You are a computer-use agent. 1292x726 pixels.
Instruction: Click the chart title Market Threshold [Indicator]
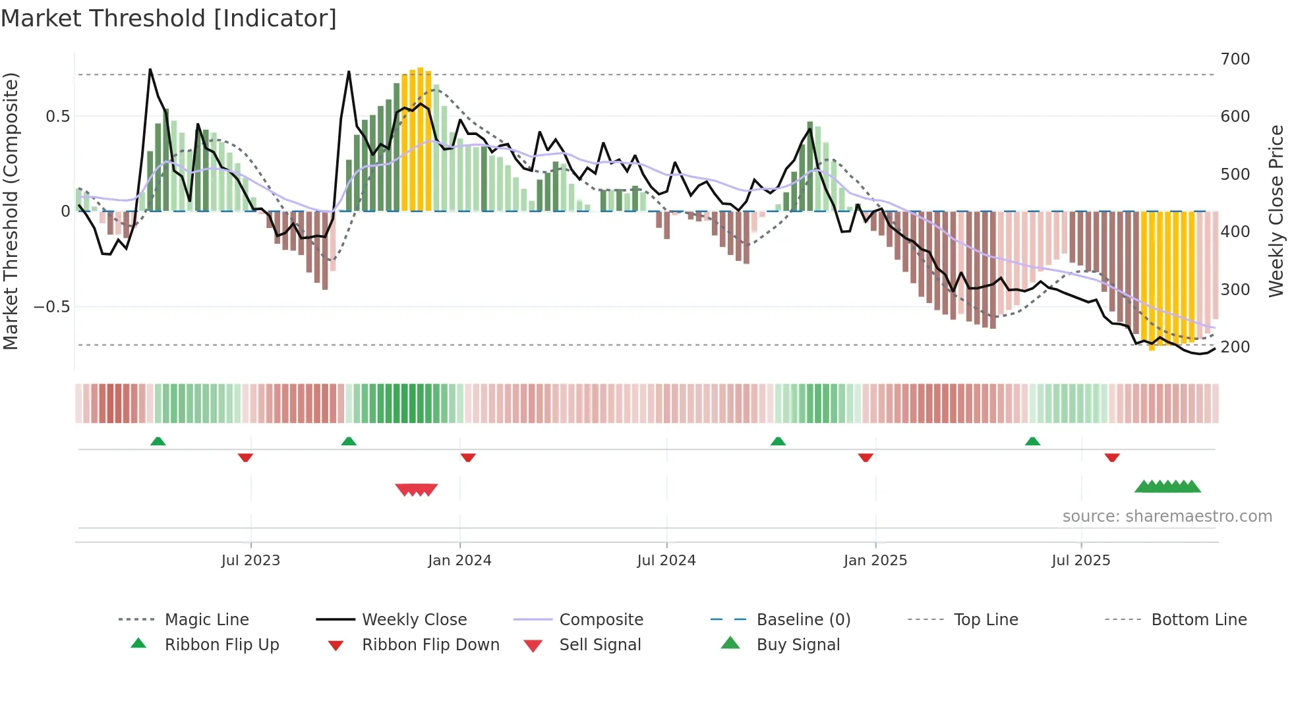[169, 18]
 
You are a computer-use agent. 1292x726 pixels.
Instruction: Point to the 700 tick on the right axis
[1235, 59]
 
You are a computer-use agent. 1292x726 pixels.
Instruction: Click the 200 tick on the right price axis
[1235, 347]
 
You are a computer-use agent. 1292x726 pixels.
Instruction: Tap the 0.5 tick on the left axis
[57, 117]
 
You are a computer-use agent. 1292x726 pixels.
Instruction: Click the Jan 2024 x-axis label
[459, 561]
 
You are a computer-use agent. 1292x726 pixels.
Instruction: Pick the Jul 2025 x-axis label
[1080, 561]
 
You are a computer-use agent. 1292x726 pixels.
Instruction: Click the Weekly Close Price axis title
[1276, 211]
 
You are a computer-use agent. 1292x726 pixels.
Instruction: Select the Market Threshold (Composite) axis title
[11, 211]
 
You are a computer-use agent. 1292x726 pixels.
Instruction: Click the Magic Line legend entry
[206, 620]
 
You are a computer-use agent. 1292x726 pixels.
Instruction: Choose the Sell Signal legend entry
[600, 645]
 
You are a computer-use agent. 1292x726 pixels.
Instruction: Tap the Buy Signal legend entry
[798, 645]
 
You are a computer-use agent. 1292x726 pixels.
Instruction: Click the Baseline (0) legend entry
[803, 620]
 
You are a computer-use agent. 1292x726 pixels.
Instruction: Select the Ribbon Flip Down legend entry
[430, 645]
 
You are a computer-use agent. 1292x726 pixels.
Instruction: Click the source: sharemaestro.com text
[1167, 517]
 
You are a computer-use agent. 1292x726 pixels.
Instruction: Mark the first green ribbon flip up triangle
[158, 441]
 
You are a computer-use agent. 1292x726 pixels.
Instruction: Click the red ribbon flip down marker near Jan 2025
[866, 457]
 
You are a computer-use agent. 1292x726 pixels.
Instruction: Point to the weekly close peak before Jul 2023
[150, 69]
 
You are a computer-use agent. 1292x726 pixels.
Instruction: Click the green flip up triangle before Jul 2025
[1032, 441]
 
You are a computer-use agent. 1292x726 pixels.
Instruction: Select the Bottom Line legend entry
[1198, 620]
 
